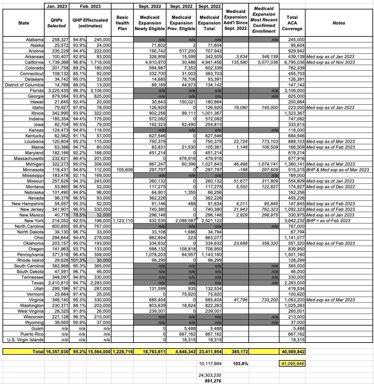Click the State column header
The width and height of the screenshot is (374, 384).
pyautogui.click(x=24, y=23)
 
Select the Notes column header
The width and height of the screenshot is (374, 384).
pyautogui.click(x=339, y=23)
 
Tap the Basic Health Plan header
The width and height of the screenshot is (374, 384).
pyautogui.click(x=122, y=23)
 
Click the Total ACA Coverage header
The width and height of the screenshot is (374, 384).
pyautogui.click(x=292, y=23)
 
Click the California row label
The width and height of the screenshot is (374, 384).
pyautogui.click(x=33, y=63)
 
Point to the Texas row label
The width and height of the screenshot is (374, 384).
pyautogui.click(x=37, y=283)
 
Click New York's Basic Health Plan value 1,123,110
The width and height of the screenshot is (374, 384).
pyautogui.click(x=123, y=221)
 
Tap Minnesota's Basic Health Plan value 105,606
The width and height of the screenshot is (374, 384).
pyautogui.click(x=125, y=170)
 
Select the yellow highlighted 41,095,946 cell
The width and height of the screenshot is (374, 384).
pyautogui.click(x=292, y=364)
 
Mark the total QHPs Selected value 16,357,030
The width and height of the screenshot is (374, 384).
pyautogui.click(x=57, y=352)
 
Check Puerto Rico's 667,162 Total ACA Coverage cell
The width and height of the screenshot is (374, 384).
pyautogui.click(x=296, y=334)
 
